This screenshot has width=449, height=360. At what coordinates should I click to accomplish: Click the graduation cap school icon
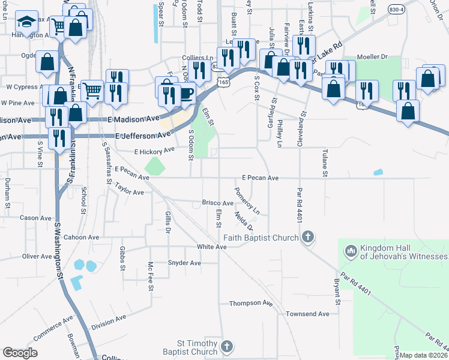(x=26, y=23)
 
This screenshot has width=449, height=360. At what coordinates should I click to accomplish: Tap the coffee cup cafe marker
(x=187, y=93)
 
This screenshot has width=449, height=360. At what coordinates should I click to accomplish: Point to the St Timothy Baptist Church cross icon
(x=226, y=346)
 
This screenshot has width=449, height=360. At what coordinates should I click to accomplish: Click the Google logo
(x=20, y=353)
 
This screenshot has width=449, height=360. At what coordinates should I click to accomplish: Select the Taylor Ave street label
(x=129, y=193)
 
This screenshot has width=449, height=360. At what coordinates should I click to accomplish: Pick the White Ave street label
(x=211, y=247)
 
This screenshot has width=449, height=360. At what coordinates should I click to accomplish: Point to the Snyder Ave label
(x=184, y=263)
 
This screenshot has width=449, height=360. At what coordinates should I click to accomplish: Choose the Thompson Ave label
(x=250, y=304)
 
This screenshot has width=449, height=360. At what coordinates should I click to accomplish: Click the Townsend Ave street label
(x=307, y=314)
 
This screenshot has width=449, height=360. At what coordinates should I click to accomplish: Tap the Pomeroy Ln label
(x=247, y=202)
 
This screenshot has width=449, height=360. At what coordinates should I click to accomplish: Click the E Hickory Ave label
(x=154, y=151)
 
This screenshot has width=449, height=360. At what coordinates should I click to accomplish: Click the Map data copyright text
(x=424, y=355)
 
